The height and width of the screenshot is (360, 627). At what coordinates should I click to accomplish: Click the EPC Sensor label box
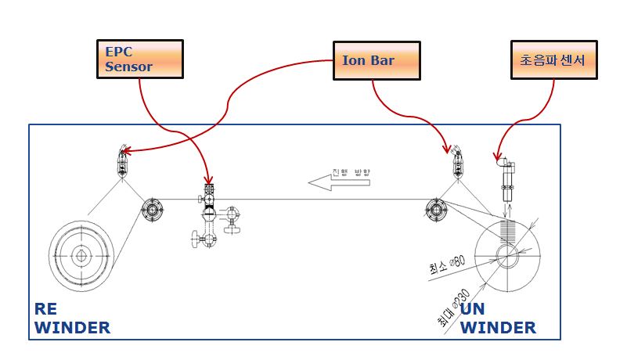click(139, 59)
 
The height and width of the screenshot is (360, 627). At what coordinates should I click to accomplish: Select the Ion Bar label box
click(376, 60)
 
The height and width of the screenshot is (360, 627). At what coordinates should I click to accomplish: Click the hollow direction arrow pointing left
click(330, 183)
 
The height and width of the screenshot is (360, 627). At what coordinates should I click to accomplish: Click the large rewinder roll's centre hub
click(81, 256)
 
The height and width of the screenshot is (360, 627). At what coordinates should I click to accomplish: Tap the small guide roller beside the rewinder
click(152, 209)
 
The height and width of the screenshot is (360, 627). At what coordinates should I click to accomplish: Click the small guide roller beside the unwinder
click(435, 209)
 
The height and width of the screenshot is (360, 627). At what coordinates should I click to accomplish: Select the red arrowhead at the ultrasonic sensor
click(497, 160)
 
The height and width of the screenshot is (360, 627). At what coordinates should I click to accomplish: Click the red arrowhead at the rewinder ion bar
click(125, 153)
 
